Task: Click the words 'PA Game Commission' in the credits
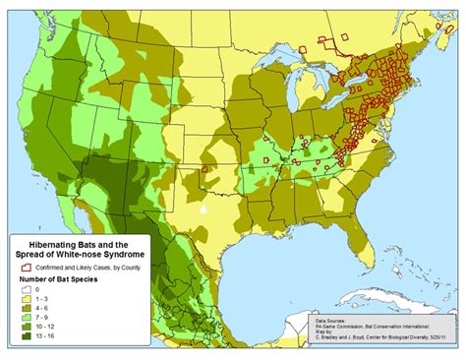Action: click(x=341, y=327)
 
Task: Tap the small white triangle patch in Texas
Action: click(x=204, y=209)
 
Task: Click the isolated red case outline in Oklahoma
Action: click(x=204, y=168)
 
